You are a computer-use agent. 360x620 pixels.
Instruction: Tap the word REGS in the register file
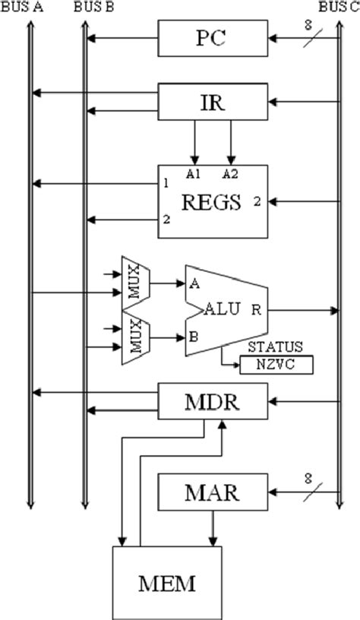coord(210,202)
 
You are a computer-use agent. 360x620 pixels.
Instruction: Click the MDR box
coord(213,400)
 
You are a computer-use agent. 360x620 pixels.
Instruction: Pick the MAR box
coord(213,492)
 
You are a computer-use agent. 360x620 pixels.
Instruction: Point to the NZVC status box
coord(276,365)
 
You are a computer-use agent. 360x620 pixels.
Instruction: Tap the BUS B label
coord(96,7)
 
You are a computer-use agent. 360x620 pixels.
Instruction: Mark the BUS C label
coord(338,7)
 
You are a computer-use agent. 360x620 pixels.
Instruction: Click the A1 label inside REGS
coord(193,174)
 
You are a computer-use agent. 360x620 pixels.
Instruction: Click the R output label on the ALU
coord(257,309)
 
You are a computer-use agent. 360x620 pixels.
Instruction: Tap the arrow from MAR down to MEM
coord(213,528)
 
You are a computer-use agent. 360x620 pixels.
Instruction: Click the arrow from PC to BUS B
coord(122,36)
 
